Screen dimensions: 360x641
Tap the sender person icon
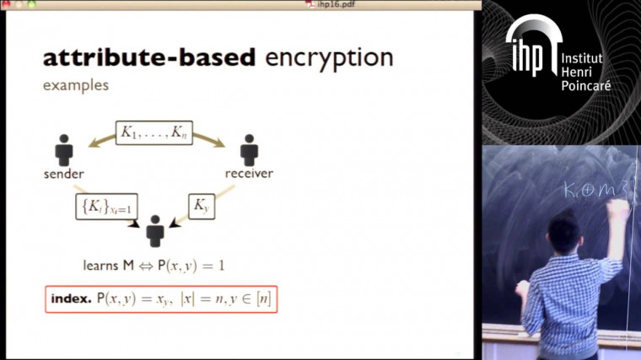[64, 150]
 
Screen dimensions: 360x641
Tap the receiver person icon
[248, 150]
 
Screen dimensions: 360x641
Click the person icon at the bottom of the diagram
[154, 230]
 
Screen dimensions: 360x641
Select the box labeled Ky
[202, 206]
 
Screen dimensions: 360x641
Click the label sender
[64, 174]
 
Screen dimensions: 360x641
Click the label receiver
[248, 174]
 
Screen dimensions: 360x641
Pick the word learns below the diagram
[104, 266]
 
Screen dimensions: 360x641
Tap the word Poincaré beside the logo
[585, 85]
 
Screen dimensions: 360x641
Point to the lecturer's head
[563, 231]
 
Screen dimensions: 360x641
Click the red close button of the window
[6, 5]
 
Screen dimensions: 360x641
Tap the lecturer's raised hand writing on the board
[619, 208]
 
